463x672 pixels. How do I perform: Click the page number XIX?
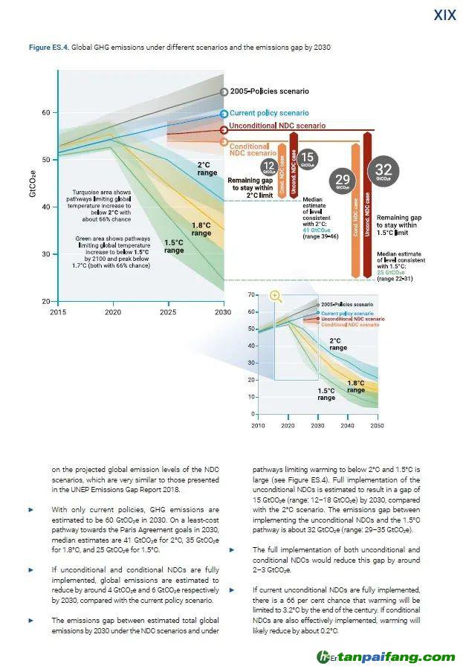(x=444, y=15)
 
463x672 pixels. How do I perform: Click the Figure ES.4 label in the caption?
(x=49, y=47)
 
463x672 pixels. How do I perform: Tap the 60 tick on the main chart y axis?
(x=45, y=112)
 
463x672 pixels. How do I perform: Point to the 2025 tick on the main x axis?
(x=168, y=312)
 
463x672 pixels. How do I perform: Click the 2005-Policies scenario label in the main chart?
(x=269, y=91)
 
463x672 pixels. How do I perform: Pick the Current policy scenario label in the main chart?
(x=264, y=113)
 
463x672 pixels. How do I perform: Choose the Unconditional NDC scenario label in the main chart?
(x=277, y=126)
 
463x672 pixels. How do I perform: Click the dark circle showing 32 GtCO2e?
(x=383, y=172)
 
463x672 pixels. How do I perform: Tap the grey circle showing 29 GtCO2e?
(x=343, y=181)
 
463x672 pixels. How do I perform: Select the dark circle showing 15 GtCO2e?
(x=308, y=158)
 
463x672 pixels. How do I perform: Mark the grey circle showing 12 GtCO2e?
(x=271, y=167)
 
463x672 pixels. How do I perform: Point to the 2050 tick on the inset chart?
(x=377, y=425)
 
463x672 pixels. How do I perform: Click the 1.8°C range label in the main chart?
(x=201, y=229)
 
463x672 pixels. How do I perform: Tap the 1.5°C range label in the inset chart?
(x=326, y=394)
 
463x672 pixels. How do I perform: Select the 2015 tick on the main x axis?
(x=57, y=312)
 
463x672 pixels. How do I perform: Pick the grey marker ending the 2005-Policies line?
(x=224, y=92)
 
